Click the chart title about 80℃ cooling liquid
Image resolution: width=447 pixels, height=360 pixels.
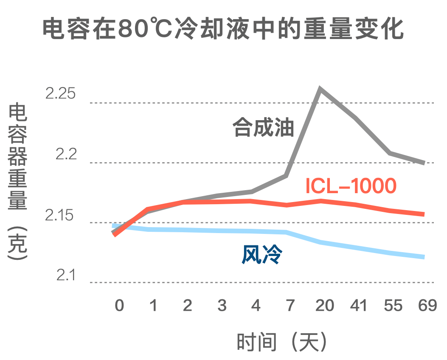point(223,28)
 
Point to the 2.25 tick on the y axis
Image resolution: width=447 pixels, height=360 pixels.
point(60,93)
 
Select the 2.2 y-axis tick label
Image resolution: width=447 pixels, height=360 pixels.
point(65,154)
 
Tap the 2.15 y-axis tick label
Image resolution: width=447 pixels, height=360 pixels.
point(60,215)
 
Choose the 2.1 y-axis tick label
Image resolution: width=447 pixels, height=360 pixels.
point(65,276)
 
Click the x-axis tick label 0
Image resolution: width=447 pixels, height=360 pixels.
point(119,305)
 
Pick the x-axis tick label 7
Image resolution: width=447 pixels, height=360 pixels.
point(290,305)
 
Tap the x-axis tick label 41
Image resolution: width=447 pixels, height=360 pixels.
point(358,305)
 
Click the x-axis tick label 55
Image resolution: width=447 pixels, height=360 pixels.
point(393,305)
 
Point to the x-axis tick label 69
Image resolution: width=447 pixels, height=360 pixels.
point(427,305)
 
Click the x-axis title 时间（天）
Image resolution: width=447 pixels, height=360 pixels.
point(282,341)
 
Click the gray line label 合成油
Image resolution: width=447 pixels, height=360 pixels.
point(263,128)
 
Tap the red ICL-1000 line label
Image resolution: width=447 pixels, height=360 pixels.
point(351,186)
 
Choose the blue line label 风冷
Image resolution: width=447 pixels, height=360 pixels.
point(262,255)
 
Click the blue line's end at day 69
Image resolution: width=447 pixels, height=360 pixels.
point(423,257)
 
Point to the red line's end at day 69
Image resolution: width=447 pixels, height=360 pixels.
point(423,214)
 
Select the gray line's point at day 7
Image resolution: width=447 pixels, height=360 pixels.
point(287,175)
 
